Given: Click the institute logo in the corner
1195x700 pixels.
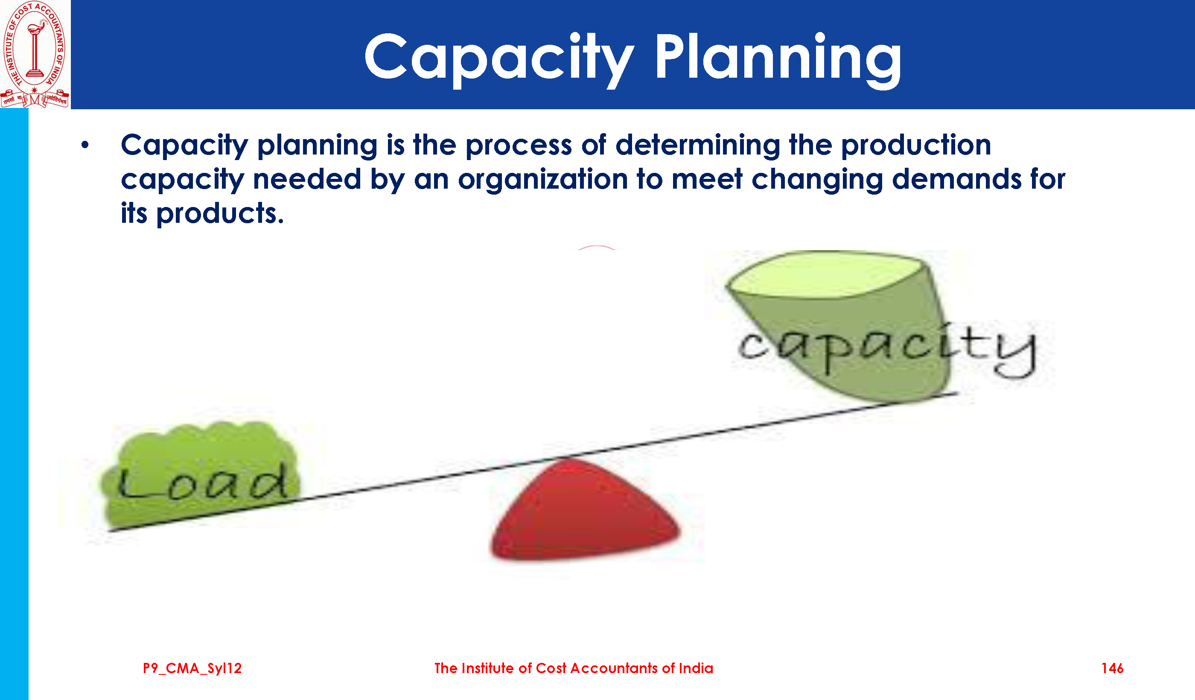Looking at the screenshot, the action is tap(35, 54).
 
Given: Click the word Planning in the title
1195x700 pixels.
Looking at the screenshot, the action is tap(778, 59).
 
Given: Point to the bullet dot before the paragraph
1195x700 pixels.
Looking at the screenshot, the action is tap(85, 145).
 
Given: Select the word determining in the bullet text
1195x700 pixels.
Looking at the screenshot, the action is tap(697, 145).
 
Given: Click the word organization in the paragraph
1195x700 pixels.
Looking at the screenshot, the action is tap(542, 180).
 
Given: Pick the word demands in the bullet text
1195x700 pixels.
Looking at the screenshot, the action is tap(956, 179).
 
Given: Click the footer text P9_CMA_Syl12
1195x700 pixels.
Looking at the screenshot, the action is tap(192, 668).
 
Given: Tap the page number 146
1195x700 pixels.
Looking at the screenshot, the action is tap(1112, 668).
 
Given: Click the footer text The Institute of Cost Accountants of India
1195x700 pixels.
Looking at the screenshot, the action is tap(574, 668).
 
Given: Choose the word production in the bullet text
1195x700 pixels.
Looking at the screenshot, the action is tap(916, 145).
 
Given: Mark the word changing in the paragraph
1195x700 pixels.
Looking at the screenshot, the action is tap(817, 180).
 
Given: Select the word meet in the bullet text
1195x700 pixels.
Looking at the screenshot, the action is tap(707, 179).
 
